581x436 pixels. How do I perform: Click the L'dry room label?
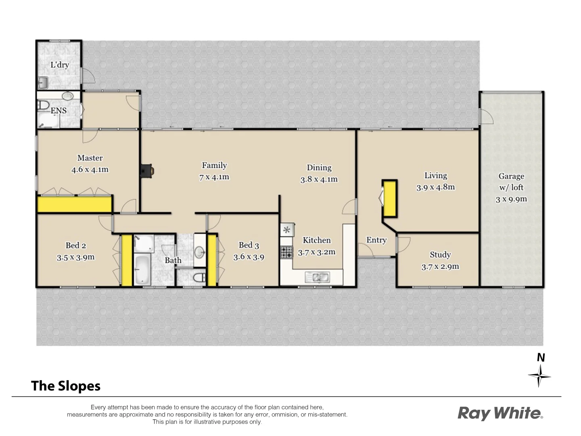[59, 65]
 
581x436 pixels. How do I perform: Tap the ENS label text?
[59, 111]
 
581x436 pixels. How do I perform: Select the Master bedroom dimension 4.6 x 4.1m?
[90, 170]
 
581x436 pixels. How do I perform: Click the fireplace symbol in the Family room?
[146, 171]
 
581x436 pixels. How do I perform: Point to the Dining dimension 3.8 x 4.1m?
[319, 179]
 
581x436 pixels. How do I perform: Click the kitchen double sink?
[318, 277]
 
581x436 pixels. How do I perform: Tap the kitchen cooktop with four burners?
[286, 252]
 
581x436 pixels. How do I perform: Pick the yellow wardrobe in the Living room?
[389, 199]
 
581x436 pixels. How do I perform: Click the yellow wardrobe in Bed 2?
[127, 260]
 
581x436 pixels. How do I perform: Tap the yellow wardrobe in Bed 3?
[212, 260]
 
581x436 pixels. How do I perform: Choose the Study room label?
[440, 255]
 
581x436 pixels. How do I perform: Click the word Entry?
[376, 240]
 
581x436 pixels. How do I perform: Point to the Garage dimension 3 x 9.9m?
[511, 199]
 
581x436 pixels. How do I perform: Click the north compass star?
[539, 376]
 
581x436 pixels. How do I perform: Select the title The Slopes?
[66, 386]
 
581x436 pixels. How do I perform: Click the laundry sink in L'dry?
[43, 83]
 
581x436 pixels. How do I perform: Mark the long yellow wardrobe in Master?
[74, 204]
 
